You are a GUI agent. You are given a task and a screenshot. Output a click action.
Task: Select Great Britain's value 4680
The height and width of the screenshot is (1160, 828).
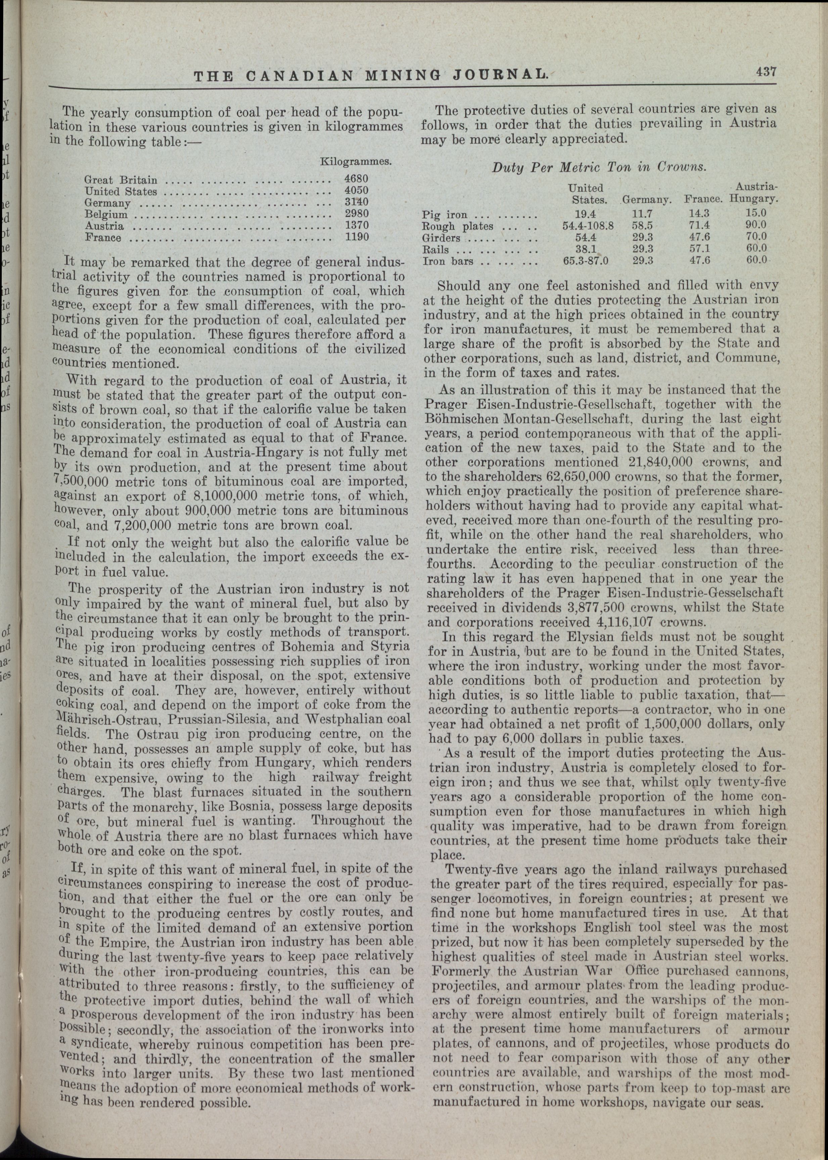[356, 179]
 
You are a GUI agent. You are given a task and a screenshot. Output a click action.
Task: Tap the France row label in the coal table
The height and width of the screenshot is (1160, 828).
[103, 238]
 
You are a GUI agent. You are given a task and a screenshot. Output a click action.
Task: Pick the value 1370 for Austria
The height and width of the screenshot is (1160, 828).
[356, 225]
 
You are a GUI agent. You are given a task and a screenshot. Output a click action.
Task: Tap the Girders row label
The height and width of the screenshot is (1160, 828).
[442, 238]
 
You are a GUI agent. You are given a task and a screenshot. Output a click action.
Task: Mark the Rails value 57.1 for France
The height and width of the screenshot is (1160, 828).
[696, 249]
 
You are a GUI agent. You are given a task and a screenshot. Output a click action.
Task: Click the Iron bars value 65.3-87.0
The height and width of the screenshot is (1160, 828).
[586, 261]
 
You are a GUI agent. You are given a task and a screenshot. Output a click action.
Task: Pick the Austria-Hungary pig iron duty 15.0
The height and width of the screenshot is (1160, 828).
[755, 213]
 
